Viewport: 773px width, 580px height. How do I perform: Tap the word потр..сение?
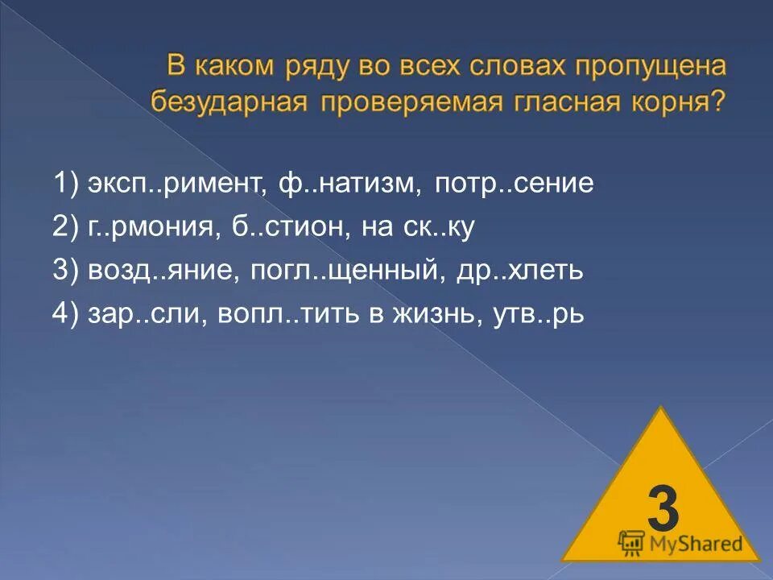tap(514, 184)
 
